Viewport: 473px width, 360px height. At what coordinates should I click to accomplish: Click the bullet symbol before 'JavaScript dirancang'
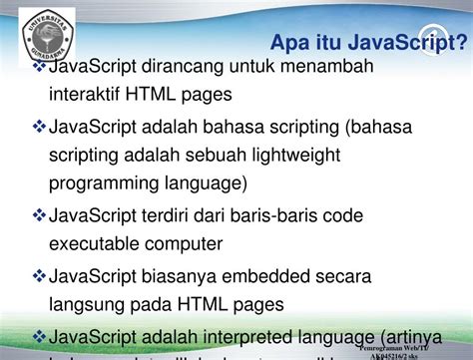tap(40, 67)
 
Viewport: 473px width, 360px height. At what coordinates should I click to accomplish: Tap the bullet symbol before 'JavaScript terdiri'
tap(40, 215)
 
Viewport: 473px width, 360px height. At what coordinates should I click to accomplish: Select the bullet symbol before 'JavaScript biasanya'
tap(40, 273)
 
